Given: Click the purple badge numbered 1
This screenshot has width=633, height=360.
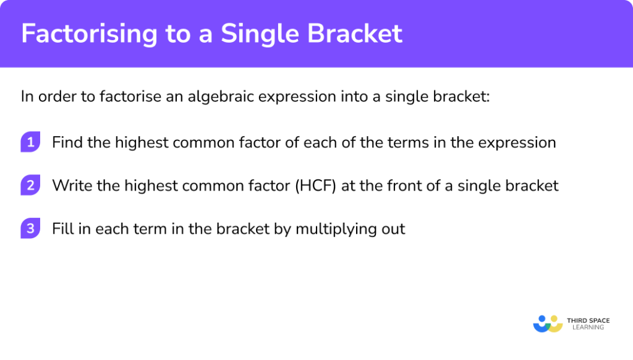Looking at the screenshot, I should [x=30, y=142].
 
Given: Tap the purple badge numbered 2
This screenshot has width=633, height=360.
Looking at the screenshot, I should [x=30, y=186].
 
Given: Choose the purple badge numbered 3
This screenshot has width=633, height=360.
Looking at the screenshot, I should [x=30, y=229].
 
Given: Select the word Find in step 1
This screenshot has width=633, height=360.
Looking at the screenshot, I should [x=66, y=143].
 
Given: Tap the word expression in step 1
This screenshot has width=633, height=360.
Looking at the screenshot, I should [x=518, y=143].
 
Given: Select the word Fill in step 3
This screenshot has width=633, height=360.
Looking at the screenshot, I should [x=62, y=229].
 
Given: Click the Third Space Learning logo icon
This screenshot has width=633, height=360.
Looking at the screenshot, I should [x=547, y=324].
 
